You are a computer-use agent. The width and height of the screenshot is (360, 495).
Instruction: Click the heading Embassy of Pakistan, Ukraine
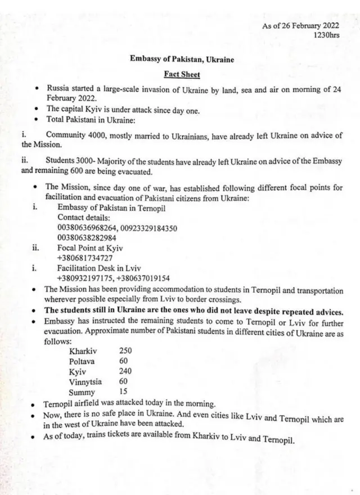tap(182, 58)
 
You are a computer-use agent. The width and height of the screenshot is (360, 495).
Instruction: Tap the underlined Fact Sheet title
tap(182, 74)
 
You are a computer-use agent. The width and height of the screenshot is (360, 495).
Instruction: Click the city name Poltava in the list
tap(83, 362)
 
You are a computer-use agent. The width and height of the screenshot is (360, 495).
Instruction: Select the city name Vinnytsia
tap(87, 382)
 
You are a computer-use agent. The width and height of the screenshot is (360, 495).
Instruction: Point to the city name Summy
tap(82, 393)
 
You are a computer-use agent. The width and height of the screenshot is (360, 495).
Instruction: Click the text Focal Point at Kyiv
tap(90, 247)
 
